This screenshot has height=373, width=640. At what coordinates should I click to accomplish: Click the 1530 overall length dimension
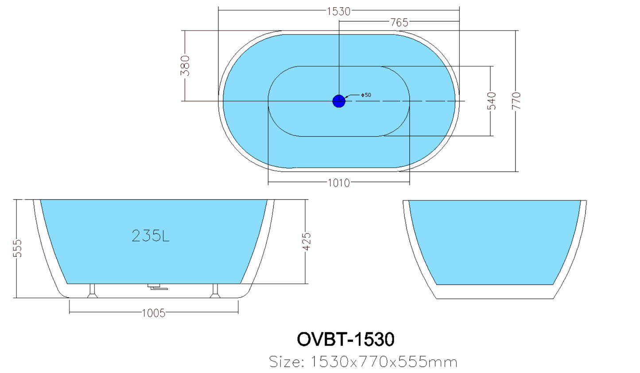pyautogui.click(x=338, y=11)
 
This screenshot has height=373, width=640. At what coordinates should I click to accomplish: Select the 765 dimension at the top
pyautogui.click(x=399, y=22)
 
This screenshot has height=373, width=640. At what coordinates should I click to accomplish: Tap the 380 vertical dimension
pyautogui.click(x=186, y=66)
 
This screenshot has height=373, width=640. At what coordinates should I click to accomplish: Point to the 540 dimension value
pyautogui.click(x=492, y=101)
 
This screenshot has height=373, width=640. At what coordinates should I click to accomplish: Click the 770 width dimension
pyautogui.click(x=516, y=101)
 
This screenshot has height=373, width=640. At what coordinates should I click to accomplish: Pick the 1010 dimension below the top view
pyautogui.click(x=338, y=183)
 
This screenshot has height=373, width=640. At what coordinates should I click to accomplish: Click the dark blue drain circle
pyautogui.click(x=339, y=101)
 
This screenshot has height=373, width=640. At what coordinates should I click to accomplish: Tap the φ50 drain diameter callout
pyautogui.click(x=366, y=95)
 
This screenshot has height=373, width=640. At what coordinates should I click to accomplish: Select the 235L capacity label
pyautogui.click(x=151, y=236)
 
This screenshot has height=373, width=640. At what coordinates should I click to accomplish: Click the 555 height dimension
pyautogui.click(x=17, y=248)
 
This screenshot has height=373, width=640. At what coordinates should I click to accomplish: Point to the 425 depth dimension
pyautogui.click(x=306, y=242)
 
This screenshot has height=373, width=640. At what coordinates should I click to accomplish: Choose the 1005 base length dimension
pyautogui.click(x=153, y=313)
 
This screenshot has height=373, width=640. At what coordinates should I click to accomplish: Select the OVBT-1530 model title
pyautogui.click(x=345, y=339)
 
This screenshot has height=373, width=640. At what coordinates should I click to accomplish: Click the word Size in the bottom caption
pyautogui.click(x=287, y=362)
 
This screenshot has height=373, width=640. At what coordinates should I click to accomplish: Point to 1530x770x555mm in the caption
pyautogui.click(x=384, y=362)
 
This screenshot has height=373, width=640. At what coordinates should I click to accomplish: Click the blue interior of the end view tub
pyautogui.click(x=495, y=242)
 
